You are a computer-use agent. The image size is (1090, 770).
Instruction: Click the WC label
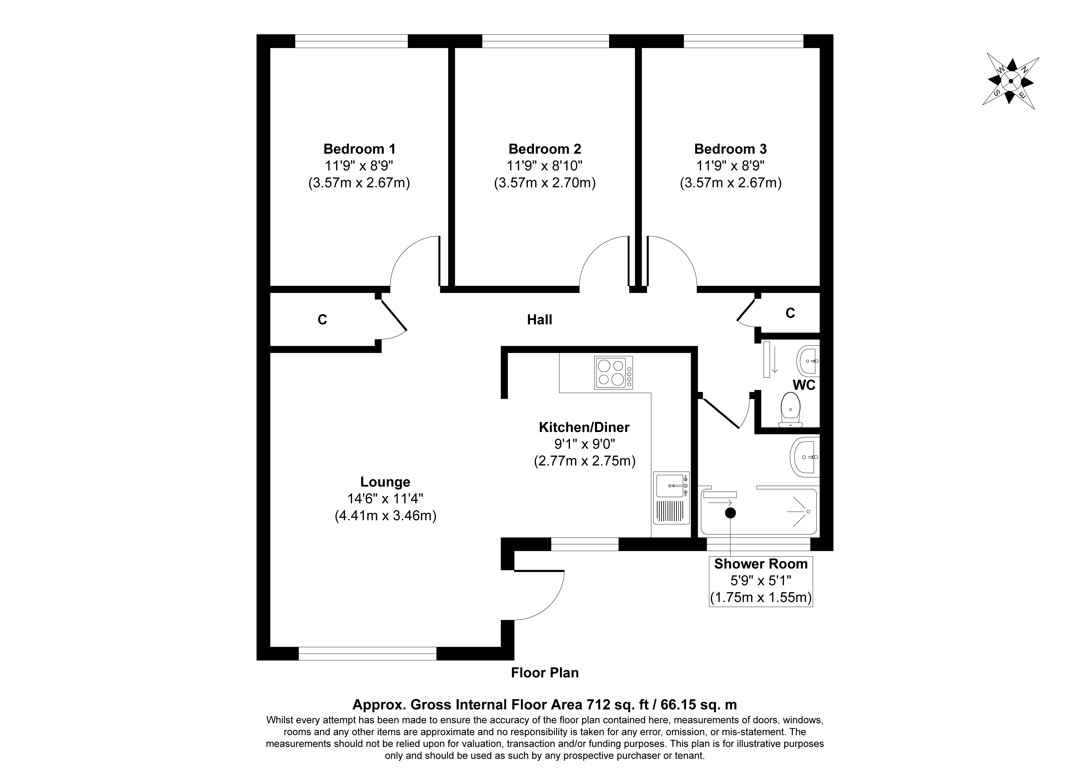[804, 385]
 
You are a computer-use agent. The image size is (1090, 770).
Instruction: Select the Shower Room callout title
[761, 564]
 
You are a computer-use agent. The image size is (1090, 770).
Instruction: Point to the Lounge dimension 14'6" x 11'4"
[385, 499]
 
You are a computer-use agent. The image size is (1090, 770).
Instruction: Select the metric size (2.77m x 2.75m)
[584, 461]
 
